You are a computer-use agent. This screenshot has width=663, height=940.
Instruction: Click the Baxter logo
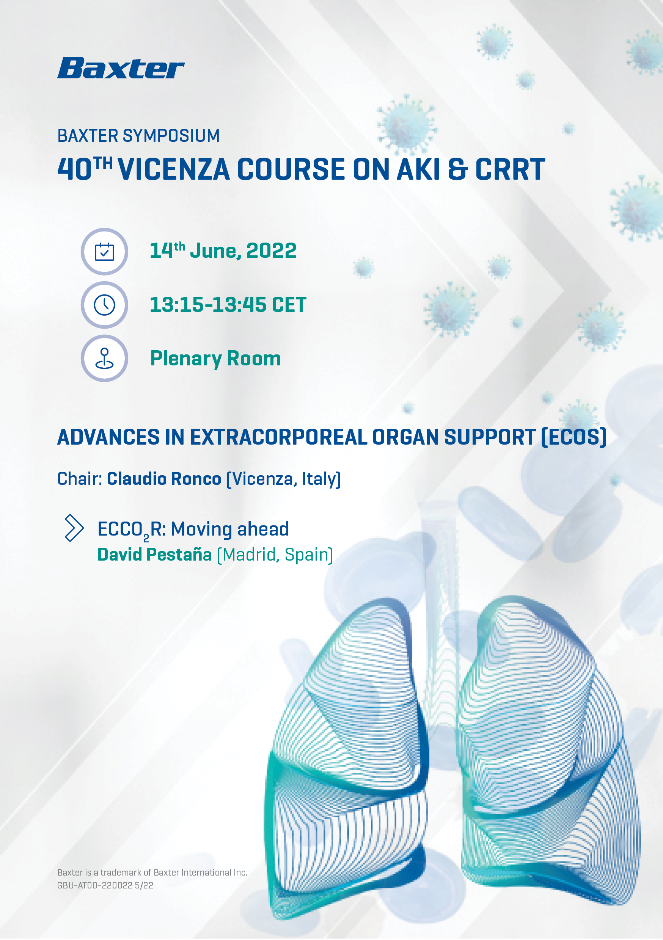[x=121, y=68]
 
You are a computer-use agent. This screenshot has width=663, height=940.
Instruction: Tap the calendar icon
[x=104, y=251]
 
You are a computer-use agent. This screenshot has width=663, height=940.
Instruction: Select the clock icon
[x=104, y=305]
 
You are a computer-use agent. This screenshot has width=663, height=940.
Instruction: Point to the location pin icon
[x=104, y=358]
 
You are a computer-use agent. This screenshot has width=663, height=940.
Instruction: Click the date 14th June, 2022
[x=223, y=250]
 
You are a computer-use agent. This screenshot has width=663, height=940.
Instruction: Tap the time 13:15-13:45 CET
[x=228, y=305]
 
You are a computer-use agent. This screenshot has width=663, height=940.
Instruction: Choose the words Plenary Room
[x=215, y=359]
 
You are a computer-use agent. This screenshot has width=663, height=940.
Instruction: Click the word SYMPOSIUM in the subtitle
[x=171, y=136]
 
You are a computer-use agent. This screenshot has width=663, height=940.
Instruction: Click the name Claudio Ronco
[x=164, y=479]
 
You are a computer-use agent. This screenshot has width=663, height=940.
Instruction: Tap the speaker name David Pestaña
[x=154, y=555]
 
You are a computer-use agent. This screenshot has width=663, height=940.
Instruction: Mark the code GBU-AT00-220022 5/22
[x=105, y=885]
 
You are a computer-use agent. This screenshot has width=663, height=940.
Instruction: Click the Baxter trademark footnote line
[x=152, y=873]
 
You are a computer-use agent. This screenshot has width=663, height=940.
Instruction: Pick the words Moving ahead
[x=230, y=529]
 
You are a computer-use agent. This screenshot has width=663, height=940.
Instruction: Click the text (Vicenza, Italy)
[x=284, y=479]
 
